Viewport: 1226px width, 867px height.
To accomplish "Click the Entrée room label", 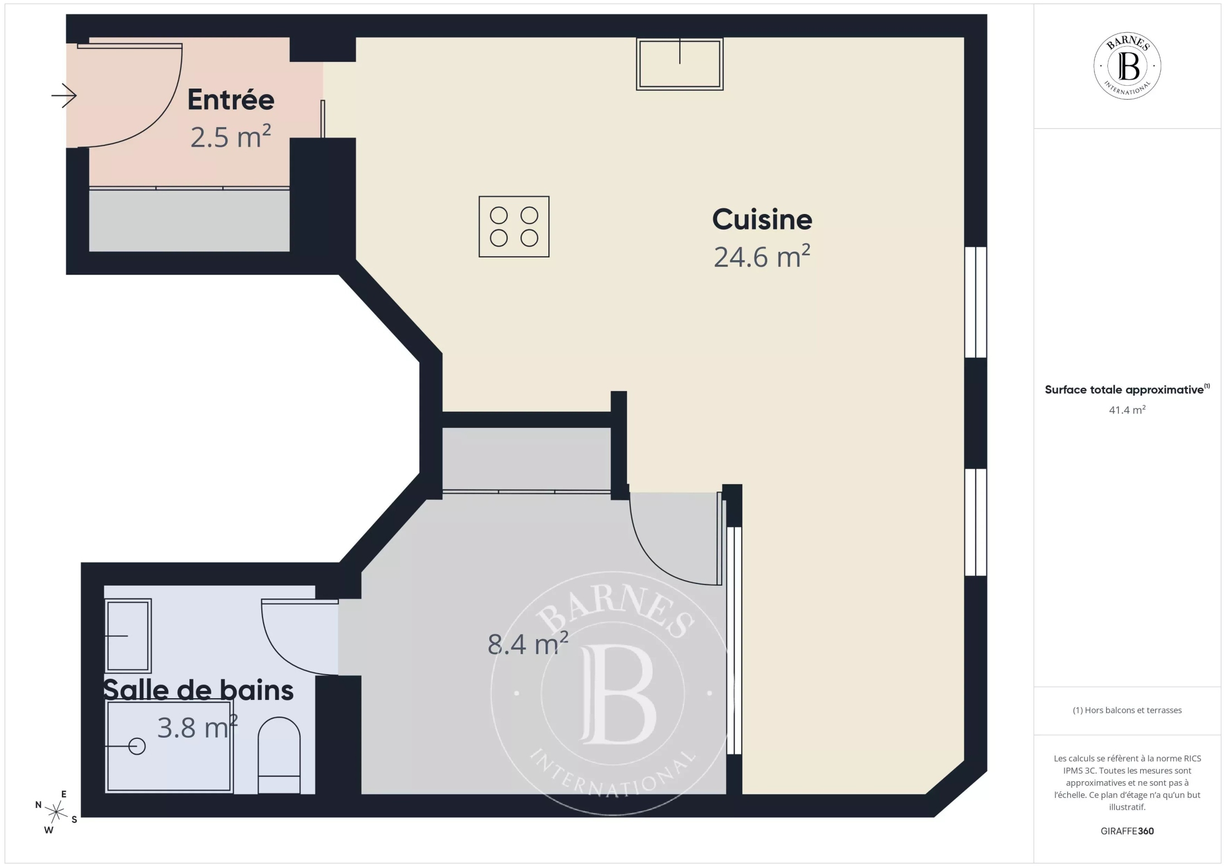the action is click(231, 100).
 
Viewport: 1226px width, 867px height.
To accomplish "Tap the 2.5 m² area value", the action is click(231, 137).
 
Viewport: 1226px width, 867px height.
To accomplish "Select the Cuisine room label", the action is click(762, 220).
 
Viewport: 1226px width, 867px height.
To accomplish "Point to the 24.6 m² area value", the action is click(762, 257).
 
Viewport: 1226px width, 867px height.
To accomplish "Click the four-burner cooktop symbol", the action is click(514, 226).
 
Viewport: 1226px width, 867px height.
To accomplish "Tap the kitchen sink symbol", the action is click(680, 64).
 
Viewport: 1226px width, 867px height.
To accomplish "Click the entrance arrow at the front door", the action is click(64, 96).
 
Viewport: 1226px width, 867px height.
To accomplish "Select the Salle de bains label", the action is click(198, 690).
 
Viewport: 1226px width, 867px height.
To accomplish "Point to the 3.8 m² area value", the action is click(198, 728).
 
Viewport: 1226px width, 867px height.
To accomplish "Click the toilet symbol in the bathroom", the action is click(279, 755).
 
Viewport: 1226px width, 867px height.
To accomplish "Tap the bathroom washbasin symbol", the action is click(128, 635).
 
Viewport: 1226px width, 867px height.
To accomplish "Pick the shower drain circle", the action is click(137, 746).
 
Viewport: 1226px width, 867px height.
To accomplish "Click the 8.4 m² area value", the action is click(528, 644).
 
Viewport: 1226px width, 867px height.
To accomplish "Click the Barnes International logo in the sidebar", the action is click(1127, 66).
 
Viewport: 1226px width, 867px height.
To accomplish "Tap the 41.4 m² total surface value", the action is click(1127, 410).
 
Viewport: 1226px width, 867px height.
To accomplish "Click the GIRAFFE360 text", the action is click(1127, 831).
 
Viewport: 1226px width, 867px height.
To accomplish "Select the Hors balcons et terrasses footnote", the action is click(1127, 710).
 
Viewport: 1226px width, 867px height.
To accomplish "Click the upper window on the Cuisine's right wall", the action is click(976, 302).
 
